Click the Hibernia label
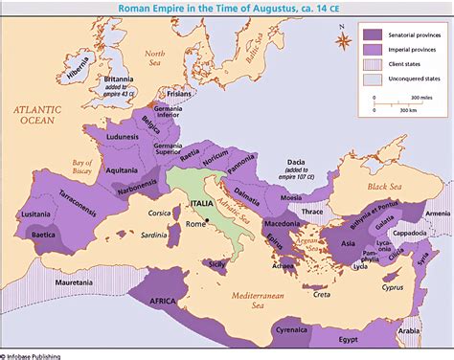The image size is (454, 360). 72,73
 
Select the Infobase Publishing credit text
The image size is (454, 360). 34,355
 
